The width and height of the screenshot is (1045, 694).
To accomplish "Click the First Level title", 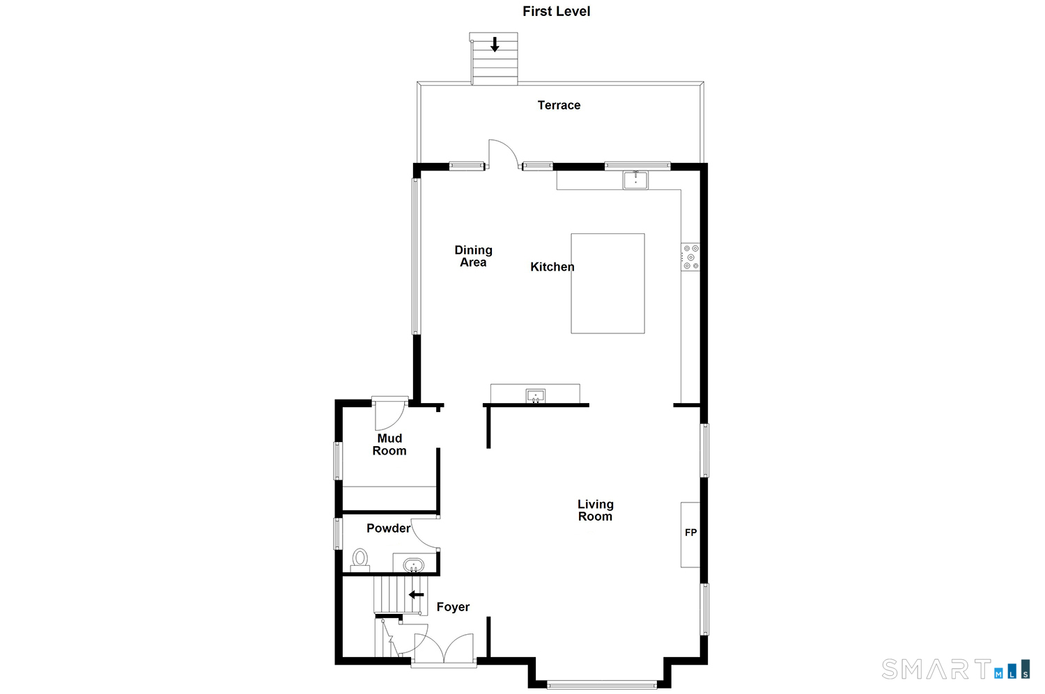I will point(556,11).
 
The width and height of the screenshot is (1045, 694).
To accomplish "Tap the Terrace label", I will point(559,105).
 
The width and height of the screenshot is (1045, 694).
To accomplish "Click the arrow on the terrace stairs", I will point(495,45).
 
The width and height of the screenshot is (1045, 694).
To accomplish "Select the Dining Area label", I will point(473,256).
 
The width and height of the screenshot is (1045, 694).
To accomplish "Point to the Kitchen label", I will point(552,267).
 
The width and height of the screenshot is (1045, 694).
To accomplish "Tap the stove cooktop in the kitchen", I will point(690,257).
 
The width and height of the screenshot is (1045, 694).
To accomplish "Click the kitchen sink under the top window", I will point(635,180).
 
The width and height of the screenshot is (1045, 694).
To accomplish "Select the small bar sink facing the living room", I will point(535,396).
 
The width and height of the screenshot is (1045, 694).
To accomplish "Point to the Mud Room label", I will point(389,444).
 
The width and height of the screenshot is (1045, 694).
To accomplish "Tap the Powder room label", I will point(388,528).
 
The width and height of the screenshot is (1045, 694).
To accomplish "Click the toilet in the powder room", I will point(360,559).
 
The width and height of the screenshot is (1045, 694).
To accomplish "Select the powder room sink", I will point(413,564).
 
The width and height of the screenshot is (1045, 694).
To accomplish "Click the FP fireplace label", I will point(690,533).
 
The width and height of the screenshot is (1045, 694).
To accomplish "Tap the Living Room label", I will point(595,510).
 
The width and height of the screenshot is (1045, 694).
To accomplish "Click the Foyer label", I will point(453,607).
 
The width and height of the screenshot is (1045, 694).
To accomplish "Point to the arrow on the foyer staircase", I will point(416,594).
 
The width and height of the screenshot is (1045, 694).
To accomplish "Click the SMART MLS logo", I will point(954,669).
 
